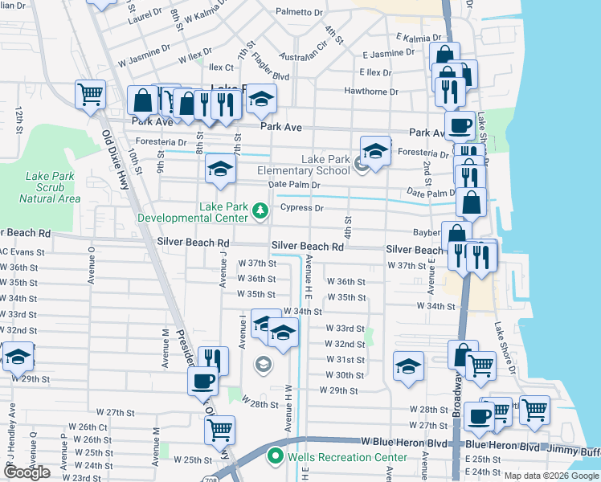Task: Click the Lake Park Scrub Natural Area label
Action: pyautogui.click(x=52, y=187)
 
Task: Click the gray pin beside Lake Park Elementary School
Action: pyautogui.click(x=362, y=166)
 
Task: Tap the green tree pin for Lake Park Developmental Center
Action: pyautogui.click(x=260, y=211)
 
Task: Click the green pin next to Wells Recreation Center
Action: pyautogui.click(x=275, y=457)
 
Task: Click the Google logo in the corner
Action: pyautogui.click(x=27, y=472)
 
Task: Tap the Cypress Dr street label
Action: pyautogui.click(x=301, y=208)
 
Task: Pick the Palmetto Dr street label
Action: pyautogui.click(x=299, y=13)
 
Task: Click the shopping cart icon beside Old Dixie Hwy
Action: pyautogui.click(x=90, y=93)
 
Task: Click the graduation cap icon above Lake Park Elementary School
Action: pyautogui.click(x=375, y=149)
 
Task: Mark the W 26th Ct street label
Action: pyautogui.click(x=88, y=427)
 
